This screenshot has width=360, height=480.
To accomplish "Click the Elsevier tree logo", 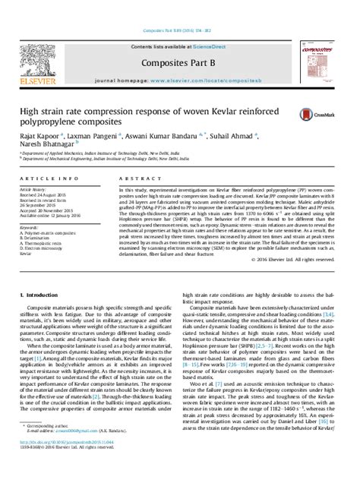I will point(43,41).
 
